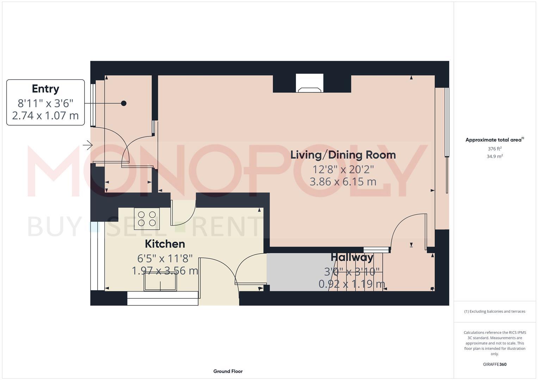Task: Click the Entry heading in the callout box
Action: pyautogui.click(x=45, y=89)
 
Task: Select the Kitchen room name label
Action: pyautogui.click(x=165, y=244)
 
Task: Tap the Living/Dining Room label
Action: pyautogui.click(x=343, y=155)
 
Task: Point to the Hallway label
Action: pyautogui.click(x=352, y=258)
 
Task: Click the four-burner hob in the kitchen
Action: pyautogui.click(x=147, y=218)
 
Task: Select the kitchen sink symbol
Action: pyautogui.click(x=160, y=282)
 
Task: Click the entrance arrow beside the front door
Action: pyautogui.click(x=88, y=145)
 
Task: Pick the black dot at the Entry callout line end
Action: pyautogui.click(x=124, y=103)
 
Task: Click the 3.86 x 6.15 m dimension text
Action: pyautogui.click(x=343, y=182)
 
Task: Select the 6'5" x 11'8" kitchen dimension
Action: pyautogui.click(x=165, y=259)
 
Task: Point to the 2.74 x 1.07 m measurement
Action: pyautogui.click(x=45, y=115)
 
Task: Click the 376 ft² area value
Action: pyautogui.click(x=495, y=149)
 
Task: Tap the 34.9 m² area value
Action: pyautogui.click(x=495, y=157)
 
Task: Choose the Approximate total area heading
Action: pyautogui.click(x=494, y=140)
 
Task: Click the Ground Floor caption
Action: pyautogui.click(x=228, y=371)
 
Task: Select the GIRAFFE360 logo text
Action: pyautogui.click(x=495, y=364)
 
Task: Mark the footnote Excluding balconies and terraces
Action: pyautogui.click(x=495, y=311)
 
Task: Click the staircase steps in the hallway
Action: pyautogui.click(x=356, y=273)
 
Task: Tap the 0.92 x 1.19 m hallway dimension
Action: pyautogui.click(x=352, y=284)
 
